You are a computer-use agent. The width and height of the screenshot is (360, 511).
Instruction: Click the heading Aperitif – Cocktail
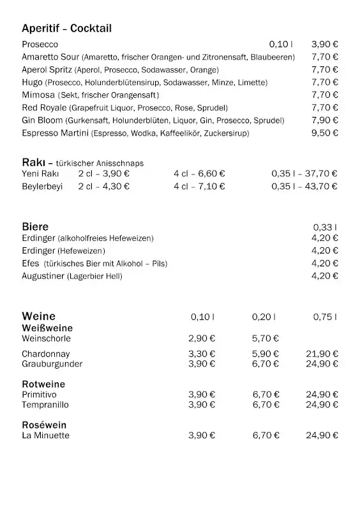pos(66,28)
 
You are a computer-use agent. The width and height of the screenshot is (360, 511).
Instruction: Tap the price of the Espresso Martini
pos(325,133)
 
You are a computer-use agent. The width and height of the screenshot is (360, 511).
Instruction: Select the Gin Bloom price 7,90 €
pos(325,121)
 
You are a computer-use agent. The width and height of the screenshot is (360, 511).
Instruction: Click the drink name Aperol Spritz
pos(47,70)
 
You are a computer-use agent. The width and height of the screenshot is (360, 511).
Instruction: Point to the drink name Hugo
pos(32,82)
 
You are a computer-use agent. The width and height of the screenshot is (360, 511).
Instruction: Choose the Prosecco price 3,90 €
pos(325,44)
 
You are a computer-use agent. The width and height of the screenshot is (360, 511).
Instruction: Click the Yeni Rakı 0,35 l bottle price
pos(304,173)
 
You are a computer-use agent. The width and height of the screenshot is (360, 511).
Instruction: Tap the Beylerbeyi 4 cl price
pos(199,187)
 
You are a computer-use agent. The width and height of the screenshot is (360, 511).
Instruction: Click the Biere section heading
pos(35,227)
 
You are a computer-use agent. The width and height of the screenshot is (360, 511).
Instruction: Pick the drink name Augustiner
pos(43,276)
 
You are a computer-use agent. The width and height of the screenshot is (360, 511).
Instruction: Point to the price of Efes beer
pos(325,263)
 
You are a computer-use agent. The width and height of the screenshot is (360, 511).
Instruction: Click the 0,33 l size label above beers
pos(325,227)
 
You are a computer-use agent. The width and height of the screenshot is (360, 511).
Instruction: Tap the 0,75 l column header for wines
pos(325,317)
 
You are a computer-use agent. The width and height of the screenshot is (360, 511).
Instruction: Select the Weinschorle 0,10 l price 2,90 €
pos(202,339)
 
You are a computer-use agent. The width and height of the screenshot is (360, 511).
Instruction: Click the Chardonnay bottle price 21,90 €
pos(322,354)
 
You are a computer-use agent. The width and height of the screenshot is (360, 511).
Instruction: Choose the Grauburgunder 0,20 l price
pos(266,364)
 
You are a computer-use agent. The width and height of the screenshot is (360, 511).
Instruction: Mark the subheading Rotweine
pos(43,385)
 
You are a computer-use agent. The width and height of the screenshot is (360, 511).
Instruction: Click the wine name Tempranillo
pos(45,405)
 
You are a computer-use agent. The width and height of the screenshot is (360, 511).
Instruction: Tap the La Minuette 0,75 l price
pos(322,436)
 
